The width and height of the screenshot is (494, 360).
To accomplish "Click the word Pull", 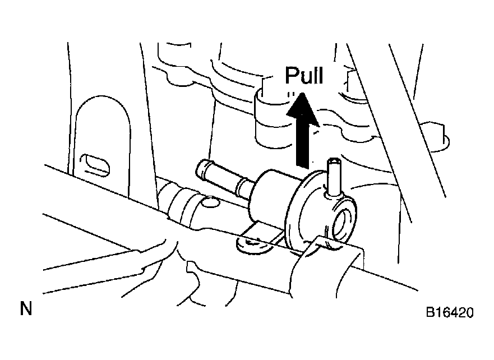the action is tap(304, 75).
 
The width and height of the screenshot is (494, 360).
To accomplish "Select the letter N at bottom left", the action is tap(26, 308).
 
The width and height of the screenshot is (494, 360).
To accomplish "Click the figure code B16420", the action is tap(450, 312).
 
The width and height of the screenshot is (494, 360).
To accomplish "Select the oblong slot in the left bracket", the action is tap(95, 165).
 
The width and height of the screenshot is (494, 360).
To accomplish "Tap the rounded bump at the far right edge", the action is tap(438, 136).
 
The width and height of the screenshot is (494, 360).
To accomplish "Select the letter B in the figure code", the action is tap(431, 312).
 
